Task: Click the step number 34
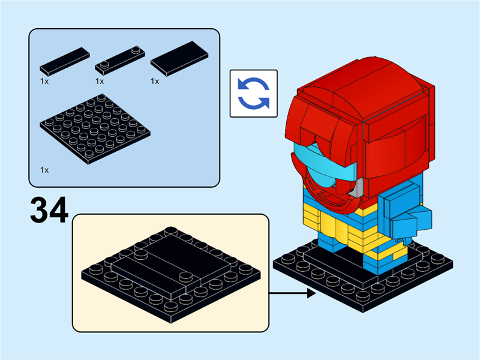click(49, 211)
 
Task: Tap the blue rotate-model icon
click(253, 94)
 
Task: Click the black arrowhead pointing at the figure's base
click(311, 293)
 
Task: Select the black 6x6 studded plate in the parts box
click(95, 128)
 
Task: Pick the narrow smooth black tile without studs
click(65, 62)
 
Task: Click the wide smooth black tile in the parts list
click(179, 58)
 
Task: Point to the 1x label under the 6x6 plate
click(44, 170)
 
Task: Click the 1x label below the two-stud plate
click(100, 82)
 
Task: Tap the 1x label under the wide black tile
click(155, 82)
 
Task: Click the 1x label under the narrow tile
click(44, 82)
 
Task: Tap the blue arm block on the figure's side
click(403, 211)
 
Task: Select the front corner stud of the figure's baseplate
click(363, 296)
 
